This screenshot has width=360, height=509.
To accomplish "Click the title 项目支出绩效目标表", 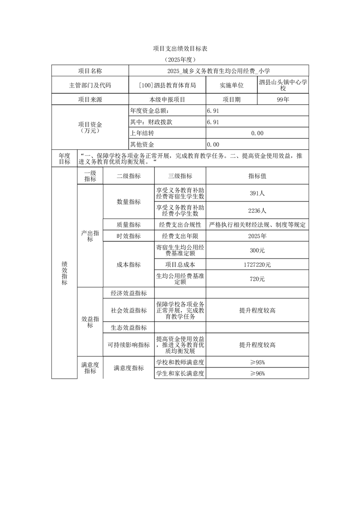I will (180, 48).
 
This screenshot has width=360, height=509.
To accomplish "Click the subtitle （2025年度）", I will (180, 59).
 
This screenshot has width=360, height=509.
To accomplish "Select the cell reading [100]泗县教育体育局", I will (168, 85).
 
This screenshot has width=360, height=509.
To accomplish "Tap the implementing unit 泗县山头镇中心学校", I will (283, 85).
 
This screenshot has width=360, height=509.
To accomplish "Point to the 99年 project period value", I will (283, 99).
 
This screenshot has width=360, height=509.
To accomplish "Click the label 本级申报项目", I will (168, 99).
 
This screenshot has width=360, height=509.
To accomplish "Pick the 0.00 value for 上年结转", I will (257, 133).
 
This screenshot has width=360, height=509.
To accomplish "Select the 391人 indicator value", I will (257, 193).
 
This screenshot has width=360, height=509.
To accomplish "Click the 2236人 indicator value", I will (257, 210).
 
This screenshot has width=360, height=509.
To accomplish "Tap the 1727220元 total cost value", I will (257, 264).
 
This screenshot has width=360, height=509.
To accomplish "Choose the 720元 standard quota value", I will (257, 279).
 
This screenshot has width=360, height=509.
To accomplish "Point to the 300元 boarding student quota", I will (257, 250).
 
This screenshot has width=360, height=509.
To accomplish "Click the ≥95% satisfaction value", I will (257, 362).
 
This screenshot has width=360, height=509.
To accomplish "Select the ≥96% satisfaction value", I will (257, 373).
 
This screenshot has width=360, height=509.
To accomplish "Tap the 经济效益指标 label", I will (129, 293).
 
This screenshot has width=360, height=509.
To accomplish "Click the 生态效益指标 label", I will (129, 328).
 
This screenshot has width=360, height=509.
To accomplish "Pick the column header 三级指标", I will (180, 176).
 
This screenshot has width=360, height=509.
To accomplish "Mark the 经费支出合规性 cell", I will (180, 225).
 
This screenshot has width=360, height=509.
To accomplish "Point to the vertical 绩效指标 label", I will (64, 273).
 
